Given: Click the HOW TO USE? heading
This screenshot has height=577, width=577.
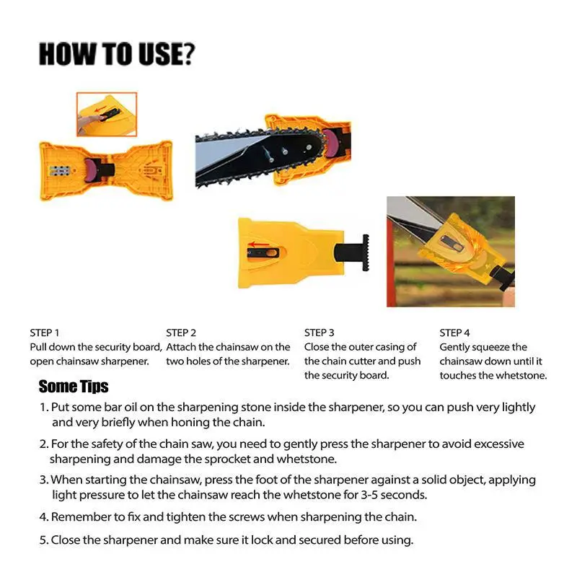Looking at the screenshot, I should click(116, 55).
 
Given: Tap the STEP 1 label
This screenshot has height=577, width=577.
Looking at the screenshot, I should click(44, 332).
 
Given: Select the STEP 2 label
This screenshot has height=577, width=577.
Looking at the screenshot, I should click(181, 332).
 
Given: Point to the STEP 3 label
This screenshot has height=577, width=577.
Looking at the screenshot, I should click(320, 332).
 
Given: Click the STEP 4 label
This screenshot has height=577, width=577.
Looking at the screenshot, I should click(454, 332).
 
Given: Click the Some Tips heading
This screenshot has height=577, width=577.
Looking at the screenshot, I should click(73, 386).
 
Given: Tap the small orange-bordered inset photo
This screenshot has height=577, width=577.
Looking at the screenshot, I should click(106, 114).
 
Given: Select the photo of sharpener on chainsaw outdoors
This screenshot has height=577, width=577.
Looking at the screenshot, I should click(450, 251).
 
